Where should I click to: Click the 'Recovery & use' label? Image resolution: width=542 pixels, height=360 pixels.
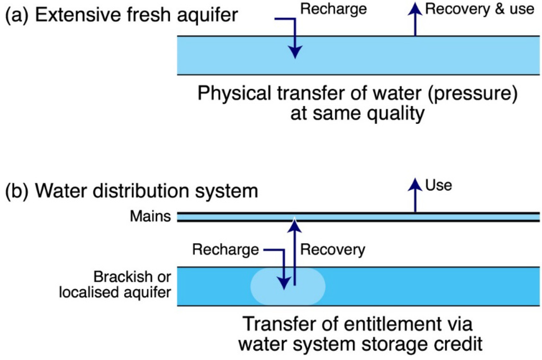tap(480, 9)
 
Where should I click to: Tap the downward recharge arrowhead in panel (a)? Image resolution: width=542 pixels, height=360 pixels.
tap(295, 51)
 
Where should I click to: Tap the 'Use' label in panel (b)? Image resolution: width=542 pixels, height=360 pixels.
tap(438, 185)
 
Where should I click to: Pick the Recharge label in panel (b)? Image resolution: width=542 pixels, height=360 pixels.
tap(225, 249)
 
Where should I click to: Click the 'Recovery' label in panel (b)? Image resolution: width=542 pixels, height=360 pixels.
tap(332, 249)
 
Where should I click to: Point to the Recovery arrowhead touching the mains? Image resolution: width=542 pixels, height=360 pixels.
tap(295, 224)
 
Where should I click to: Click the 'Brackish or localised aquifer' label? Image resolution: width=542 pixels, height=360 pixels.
tap(132, 285)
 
